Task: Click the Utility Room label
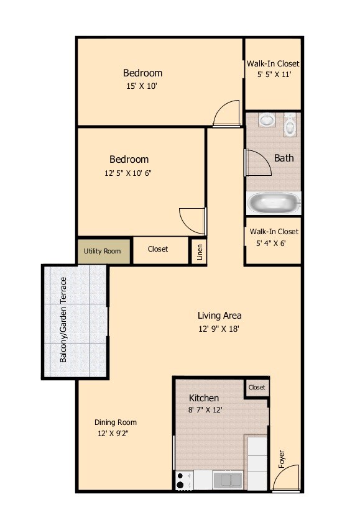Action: click(x=103, y=251)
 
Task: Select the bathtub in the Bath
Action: click(x=274, y=203)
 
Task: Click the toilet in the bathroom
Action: click(x=290, y=126)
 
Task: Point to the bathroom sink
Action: click(x=266, y=119)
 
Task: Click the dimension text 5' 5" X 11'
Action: click(x=274, y=75)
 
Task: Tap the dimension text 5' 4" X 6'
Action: click(x=274, y=243)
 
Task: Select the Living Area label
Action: click(x=219, y=315)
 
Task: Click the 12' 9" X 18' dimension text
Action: click(x=219, y=329)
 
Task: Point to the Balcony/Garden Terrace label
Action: click(x=63, y=321)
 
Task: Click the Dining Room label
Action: click(x=116, y=422)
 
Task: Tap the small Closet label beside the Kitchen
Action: click(x=257, y=387)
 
